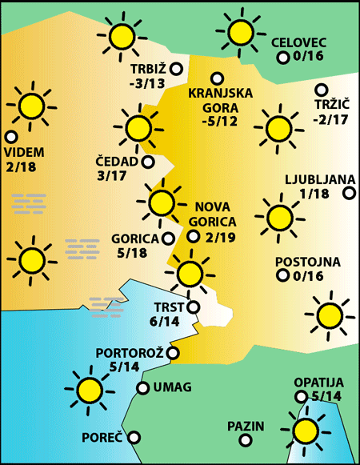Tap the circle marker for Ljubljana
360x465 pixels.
coord(349,192)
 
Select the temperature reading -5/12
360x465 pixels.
coord(220,122)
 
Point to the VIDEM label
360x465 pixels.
coord(24,152)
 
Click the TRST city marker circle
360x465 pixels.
coord(193,305)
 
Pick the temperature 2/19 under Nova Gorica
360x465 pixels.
coord(221,237)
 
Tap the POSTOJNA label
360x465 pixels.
coord(308,262)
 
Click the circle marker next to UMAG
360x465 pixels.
coord(142,388)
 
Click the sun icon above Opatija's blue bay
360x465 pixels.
coord(306,431)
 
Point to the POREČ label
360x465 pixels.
coord(102,438)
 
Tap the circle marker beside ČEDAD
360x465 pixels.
coord(148,162)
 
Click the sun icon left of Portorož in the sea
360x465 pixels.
coord(89,390)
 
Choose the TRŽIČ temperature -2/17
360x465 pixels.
coord(330,119)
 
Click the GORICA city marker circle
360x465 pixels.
coord(167,238)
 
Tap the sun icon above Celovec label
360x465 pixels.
coord(239,32)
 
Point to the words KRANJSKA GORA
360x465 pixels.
coord(220,100)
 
